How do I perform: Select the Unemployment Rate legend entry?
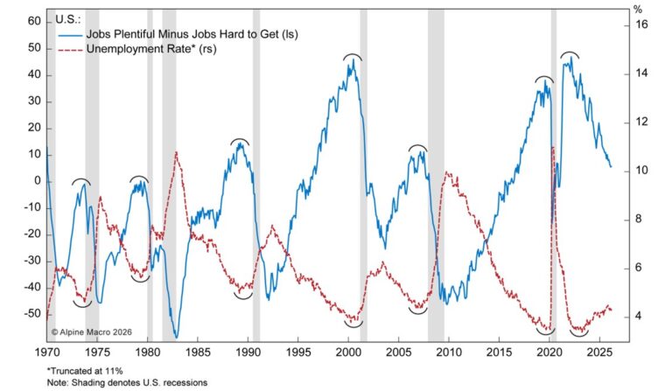[136, 49]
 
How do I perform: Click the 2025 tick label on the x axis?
[600, 352]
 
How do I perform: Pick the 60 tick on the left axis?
[34, 20]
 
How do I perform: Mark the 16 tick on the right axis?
[640, 25]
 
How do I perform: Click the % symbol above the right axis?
[637, 10]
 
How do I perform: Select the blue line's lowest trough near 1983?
[177, 337]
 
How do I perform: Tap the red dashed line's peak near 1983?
[177, 152]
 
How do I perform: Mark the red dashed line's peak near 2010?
[449, 172]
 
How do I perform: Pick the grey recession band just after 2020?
[554, 175]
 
